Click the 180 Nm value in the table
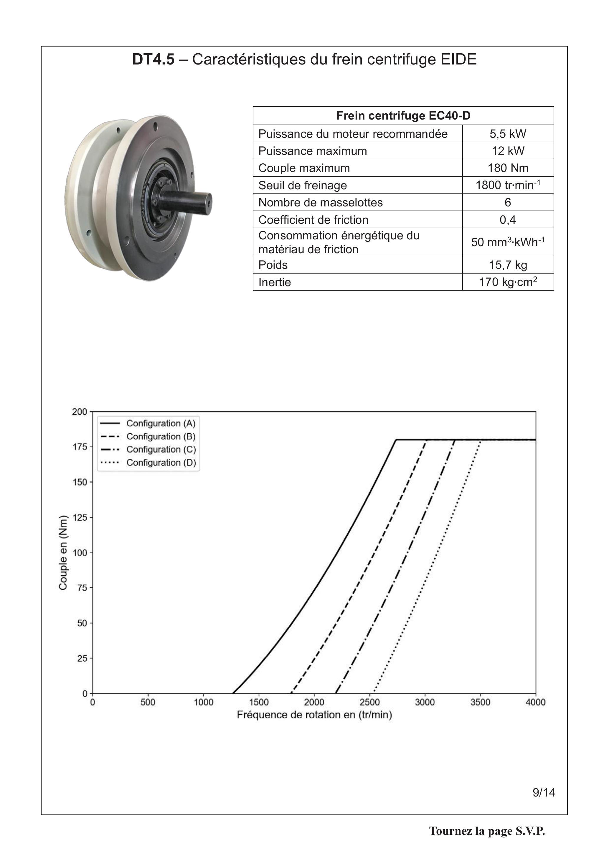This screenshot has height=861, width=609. [x=508, y=168]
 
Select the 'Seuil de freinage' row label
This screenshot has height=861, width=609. [x=302, y=185]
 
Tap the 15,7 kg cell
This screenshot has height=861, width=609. [x=508, y=265]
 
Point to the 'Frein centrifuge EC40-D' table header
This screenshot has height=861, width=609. [x=403, y=115]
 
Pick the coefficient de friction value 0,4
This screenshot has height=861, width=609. [x=508, y=220]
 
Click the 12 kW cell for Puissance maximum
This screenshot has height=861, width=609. [x=508, y=151]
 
